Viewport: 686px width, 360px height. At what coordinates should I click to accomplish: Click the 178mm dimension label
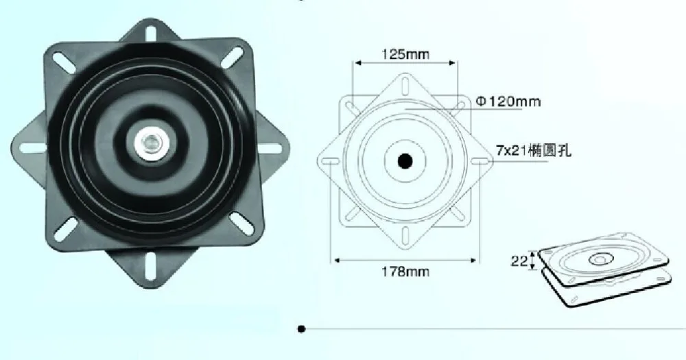pos(405,272)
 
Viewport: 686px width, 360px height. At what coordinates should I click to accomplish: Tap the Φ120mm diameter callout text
pos(508,102)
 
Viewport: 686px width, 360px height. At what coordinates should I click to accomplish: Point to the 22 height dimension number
pos(519,261)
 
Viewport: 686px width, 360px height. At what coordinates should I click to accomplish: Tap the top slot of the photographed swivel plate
pos(151,32)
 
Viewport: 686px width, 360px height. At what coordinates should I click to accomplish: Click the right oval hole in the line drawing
pos(481,161)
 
